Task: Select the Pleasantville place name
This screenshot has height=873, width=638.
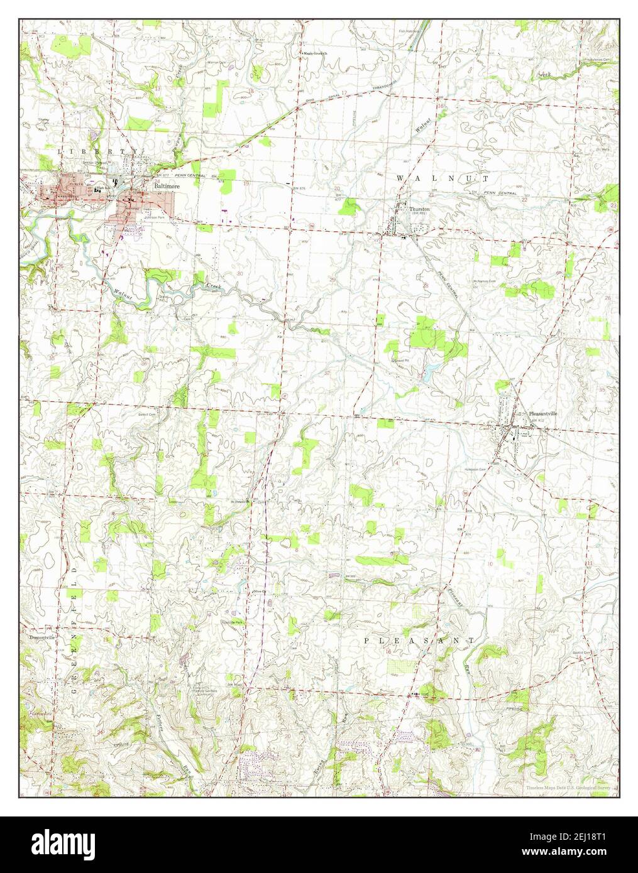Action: [544, 414]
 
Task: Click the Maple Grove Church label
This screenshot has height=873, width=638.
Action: [317, 54]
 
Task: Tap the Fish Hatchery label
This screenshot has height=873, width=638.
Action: [409, 30]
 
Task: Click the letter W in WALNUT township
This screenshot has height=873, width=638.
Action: [400, 179]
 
